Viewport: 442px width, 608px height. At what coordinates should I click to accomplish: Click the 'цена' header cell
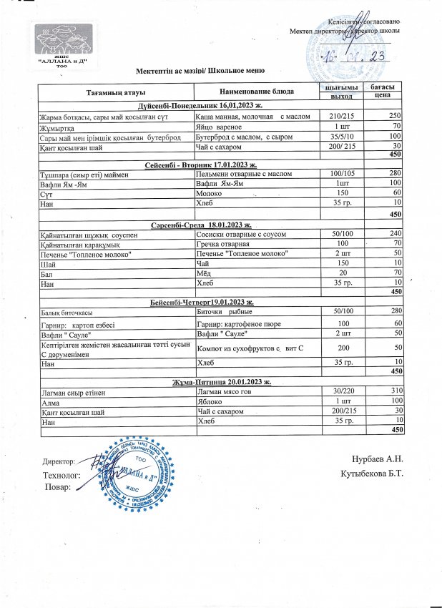click(x=381, y=95)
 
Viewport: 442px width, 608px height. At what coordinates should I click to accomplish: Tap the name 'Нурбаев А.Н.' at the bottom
click(x=378, y=459)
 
